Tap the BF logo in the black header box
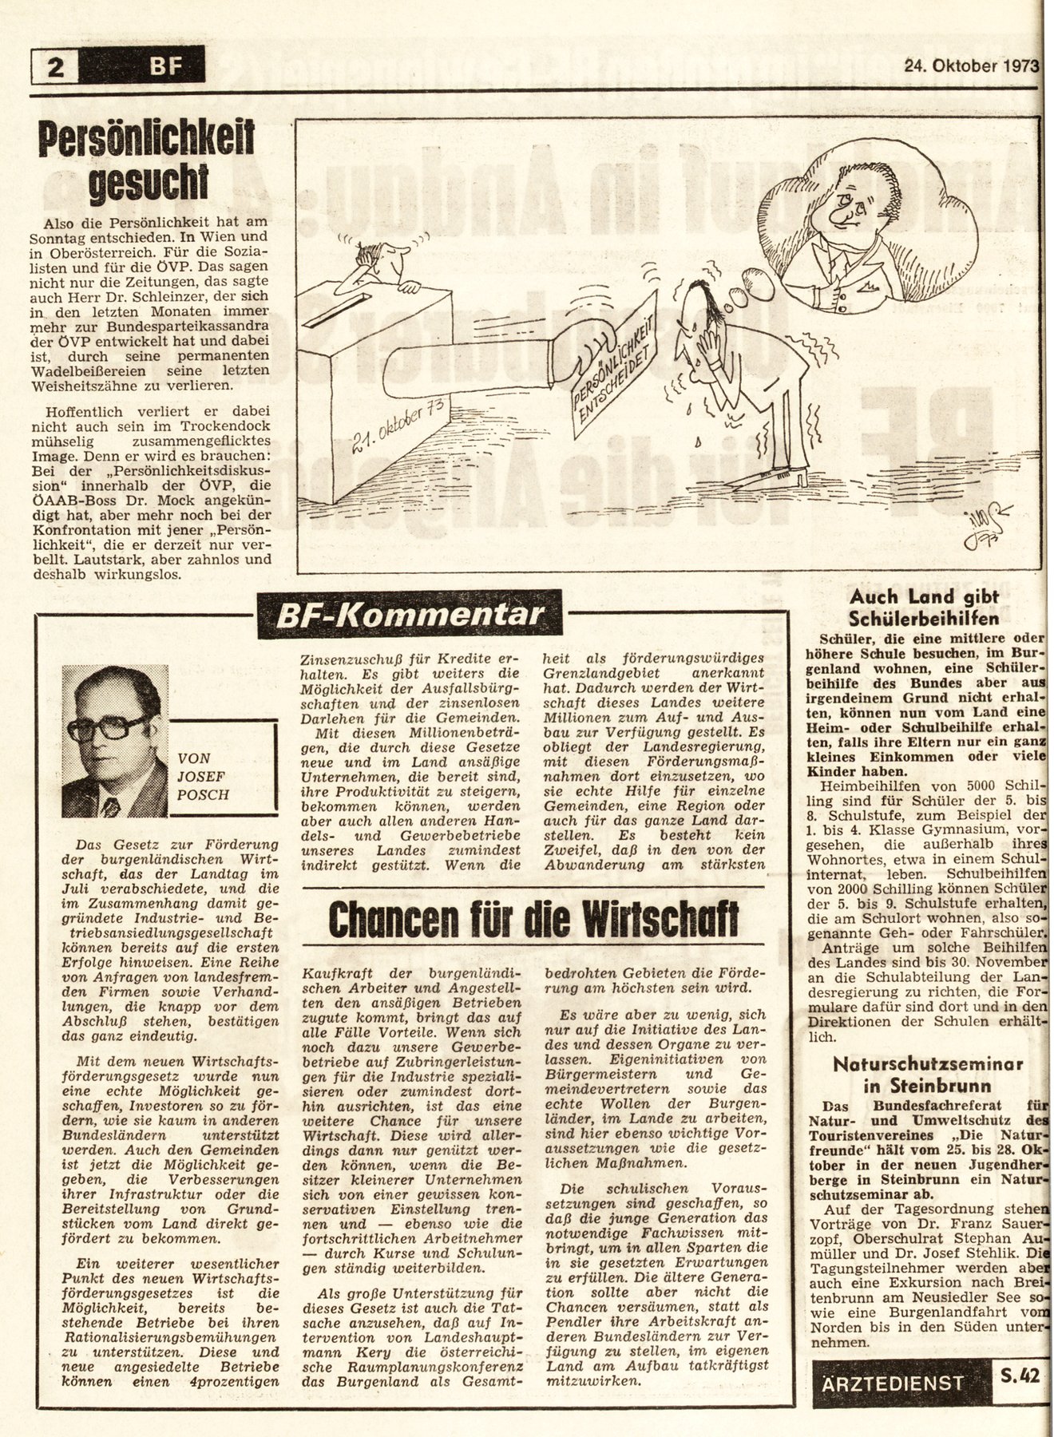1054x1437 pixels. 164,66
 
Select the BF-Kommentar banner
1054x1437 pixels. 410,616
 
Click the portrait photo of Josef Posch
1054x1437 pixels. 115,741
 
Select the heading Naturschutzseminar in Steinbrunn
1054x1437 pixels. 927,1075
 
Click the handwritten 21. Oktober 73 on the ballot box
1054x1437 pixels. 396,428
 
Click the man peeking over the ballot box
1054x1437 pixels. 380,263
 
